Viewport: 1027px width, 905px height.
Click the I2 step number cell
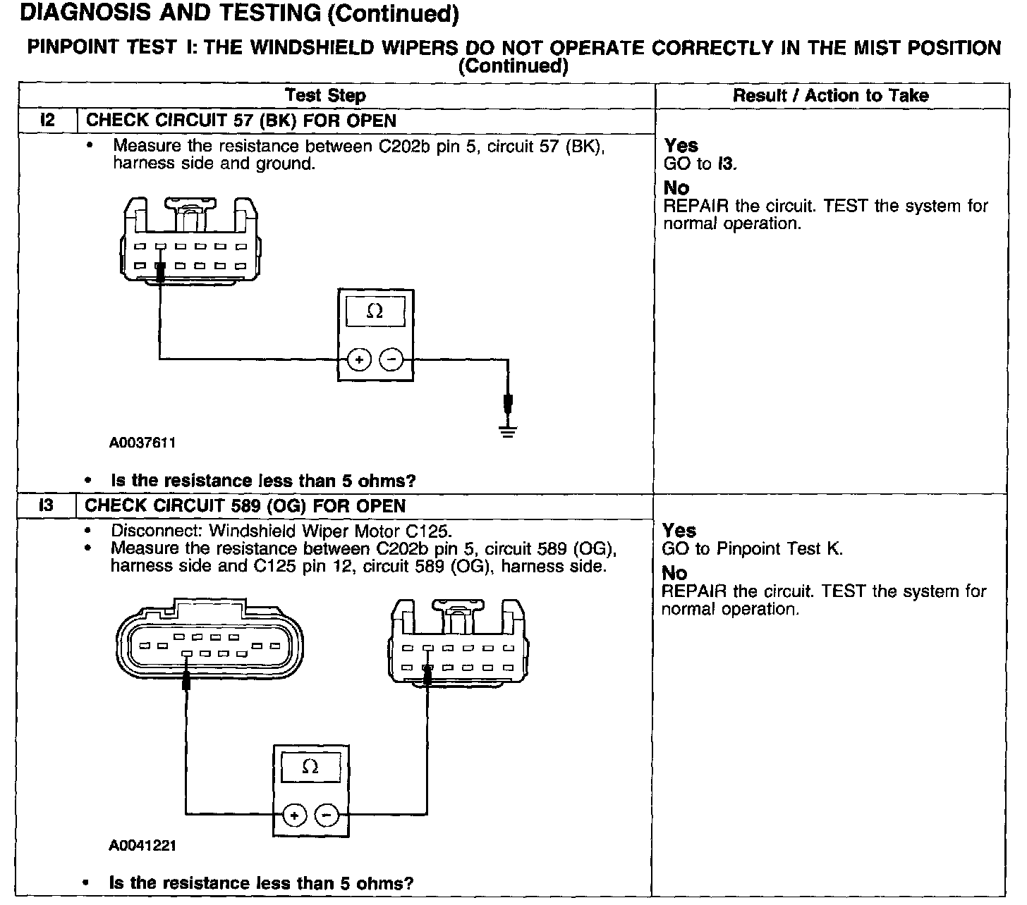(47, 120)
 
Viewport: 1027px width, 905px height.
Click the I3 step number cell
(47, 505)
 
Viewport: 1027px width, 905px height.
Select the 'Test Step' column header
(325, 95)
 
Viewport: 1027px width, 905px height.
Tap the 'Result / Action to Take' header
(830, 95)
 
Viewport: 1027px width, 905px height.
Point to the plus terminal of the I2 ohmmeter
(359, 359)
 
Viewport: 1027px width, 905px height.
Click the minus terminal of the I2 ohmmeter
(391, 359)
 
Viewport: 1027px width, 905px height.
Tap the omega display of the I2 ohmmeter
(375, 311)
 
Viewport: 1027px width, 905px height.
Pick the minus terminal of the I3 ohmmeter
(326, 815)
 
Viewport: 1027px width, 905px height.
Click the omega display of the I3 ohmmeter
(310, 767)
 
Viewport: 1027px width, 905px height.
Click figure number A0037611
(142, 443)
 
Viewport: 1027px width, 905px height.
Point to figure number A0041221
(142, 845)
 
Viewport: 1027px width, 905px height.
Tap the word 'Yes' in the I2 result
(681, 145)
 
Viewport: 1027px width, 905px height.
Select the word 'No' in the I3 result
(674, 573)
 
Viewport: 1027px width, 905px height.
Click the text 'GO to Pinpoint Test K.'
(751, 549)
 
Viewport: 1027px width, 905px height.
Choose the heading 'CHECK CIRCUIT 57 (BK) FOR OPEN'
(241, 121)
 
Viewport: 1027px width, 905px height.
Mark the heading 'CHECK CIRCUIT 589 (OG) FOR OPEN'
(245, 506)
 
